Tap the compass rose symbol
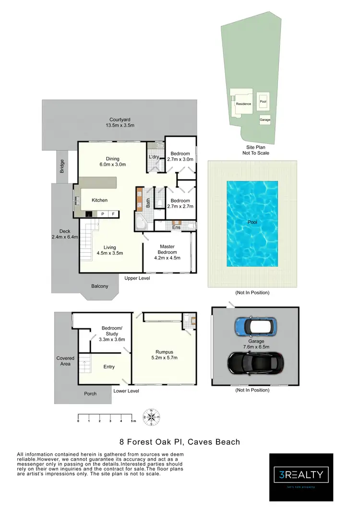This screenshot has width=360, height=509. (x=152, y=416)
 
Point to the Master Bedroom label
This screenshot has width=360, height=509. (x=168, y=249)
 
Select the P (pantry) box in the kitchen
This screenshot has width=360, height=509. (x=102, y=214)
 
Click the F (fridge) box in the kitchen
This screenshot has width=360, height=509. (x=113, y=214)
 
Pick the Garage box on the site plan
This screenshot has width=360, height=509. (x=264, y=119)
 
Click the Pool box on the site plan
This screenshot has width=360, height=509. (x=263, y=102)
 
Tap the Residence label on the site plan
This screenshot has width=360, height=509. (x=243, y=104)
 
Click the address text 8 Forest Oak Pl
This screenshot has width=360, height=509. (x=180, y=442)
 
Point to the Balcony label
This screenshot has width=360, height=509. (x=99, y=286)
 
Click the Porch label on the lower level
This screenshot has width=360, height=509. (x=90, y=393)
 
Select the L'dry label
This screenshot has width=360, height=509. (x=154, y=157)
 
